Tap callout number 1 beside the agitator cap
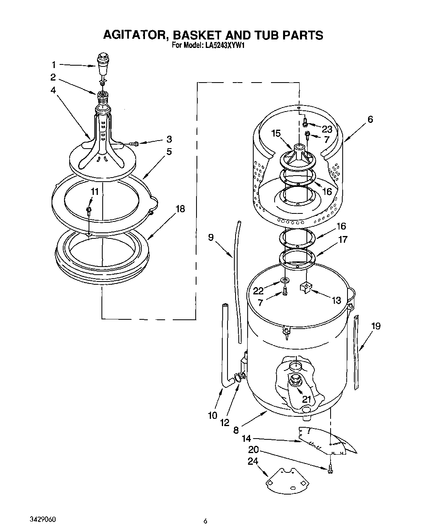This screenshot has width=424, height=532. click(54, 64)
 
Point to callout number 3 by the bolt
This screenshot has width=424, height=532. click(169, 139)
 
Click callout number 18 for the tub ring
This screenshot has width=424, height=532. click(180, 209)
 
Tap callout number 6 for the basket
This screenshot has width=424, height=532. click(370, 119)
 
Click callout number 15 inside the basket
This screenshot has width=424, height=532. click(275, 133)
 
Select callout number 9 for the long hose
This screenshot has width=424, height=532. click(211, 237)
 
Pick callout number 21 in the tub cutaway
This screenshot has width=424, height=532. click(307, 399)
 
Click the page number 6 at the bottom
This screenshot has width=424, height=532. click(205, 521)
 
